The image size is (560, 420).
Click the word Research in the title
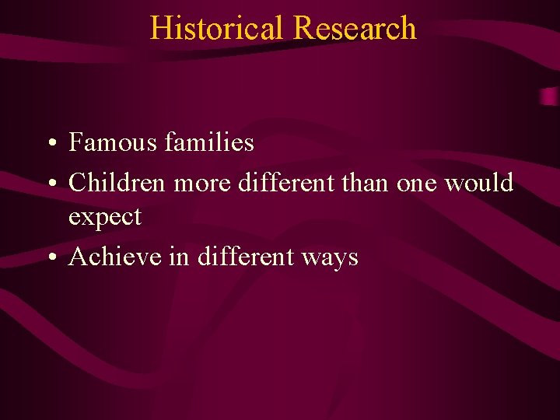[x=355, y=28]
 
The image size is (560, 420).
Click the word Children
[x=117, y=183]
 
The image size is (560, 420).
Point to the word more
[x=202, y=183]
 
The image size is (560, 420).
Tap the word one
[x=418, y=184]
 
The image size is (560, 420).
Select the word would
[x=479, y=183]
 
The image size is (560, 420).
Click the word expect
[x=104, y=218]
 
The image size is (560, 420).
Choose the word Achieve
[x=114, y=256]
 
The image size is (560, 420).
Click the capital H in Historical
[x=159, y=28]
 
